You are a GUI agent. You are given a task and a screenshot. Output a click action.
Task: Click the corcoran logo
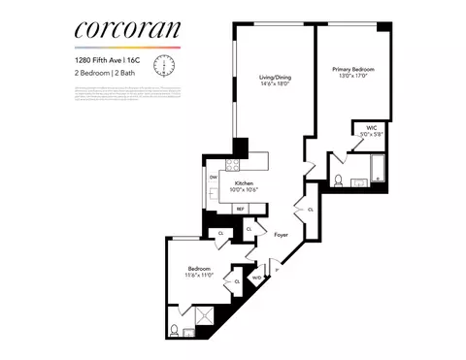[127, 31]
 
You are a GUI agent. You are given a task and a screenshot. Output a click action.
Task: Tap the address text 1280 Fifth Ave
[109, 59]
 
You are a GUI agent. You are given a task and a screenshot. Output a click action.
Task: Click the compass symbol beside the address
[165, 65]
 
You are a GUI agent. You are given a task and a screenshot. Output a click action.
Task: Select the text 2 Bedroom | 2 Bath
[105, 73]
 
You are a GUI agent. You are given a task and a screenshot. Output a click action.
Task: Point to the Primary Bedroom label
[353, 73]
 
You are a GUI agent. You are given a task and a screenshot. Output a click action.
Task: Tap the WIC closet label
[371, 131]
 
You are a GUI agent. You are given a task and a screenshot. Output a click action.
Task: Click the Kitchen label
[243, 184]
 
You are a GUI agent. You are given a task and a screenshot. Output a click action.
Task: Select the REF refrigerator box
[240, 209]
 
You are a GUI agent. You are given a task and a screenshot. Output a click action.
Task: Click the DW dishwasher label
[214, 177]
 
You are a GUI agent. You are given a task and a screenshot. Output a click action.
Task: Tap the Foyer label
[281, 234]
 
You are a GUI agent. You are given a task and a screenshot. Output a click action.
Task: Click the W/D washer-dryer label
[256, 278]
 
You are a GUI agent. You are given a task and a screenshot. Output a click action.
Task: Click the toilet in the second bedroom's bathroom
[175, 329]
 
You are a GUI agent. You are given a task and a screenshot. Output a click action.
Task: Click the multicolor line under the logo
[127, 48]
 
